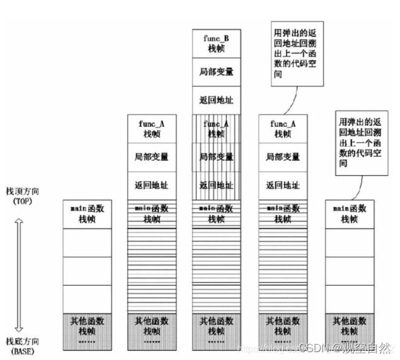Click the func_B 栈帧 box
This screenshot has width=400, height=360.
click(x=216, y=43)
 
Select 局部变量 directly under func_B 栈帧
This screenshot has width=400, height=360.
click(x=216, y=72)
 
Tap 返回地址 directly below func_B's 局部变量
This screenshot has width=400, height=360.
click(x=216, y=99)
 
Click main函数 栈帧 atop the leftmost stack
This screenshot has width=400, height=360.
click(x=87, y=213)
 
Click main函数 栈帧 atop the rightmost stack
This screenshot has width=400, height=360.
click(x=349, y=213)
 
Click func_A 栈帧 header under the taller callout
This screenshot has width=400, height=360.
click(x=282, y=128)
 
